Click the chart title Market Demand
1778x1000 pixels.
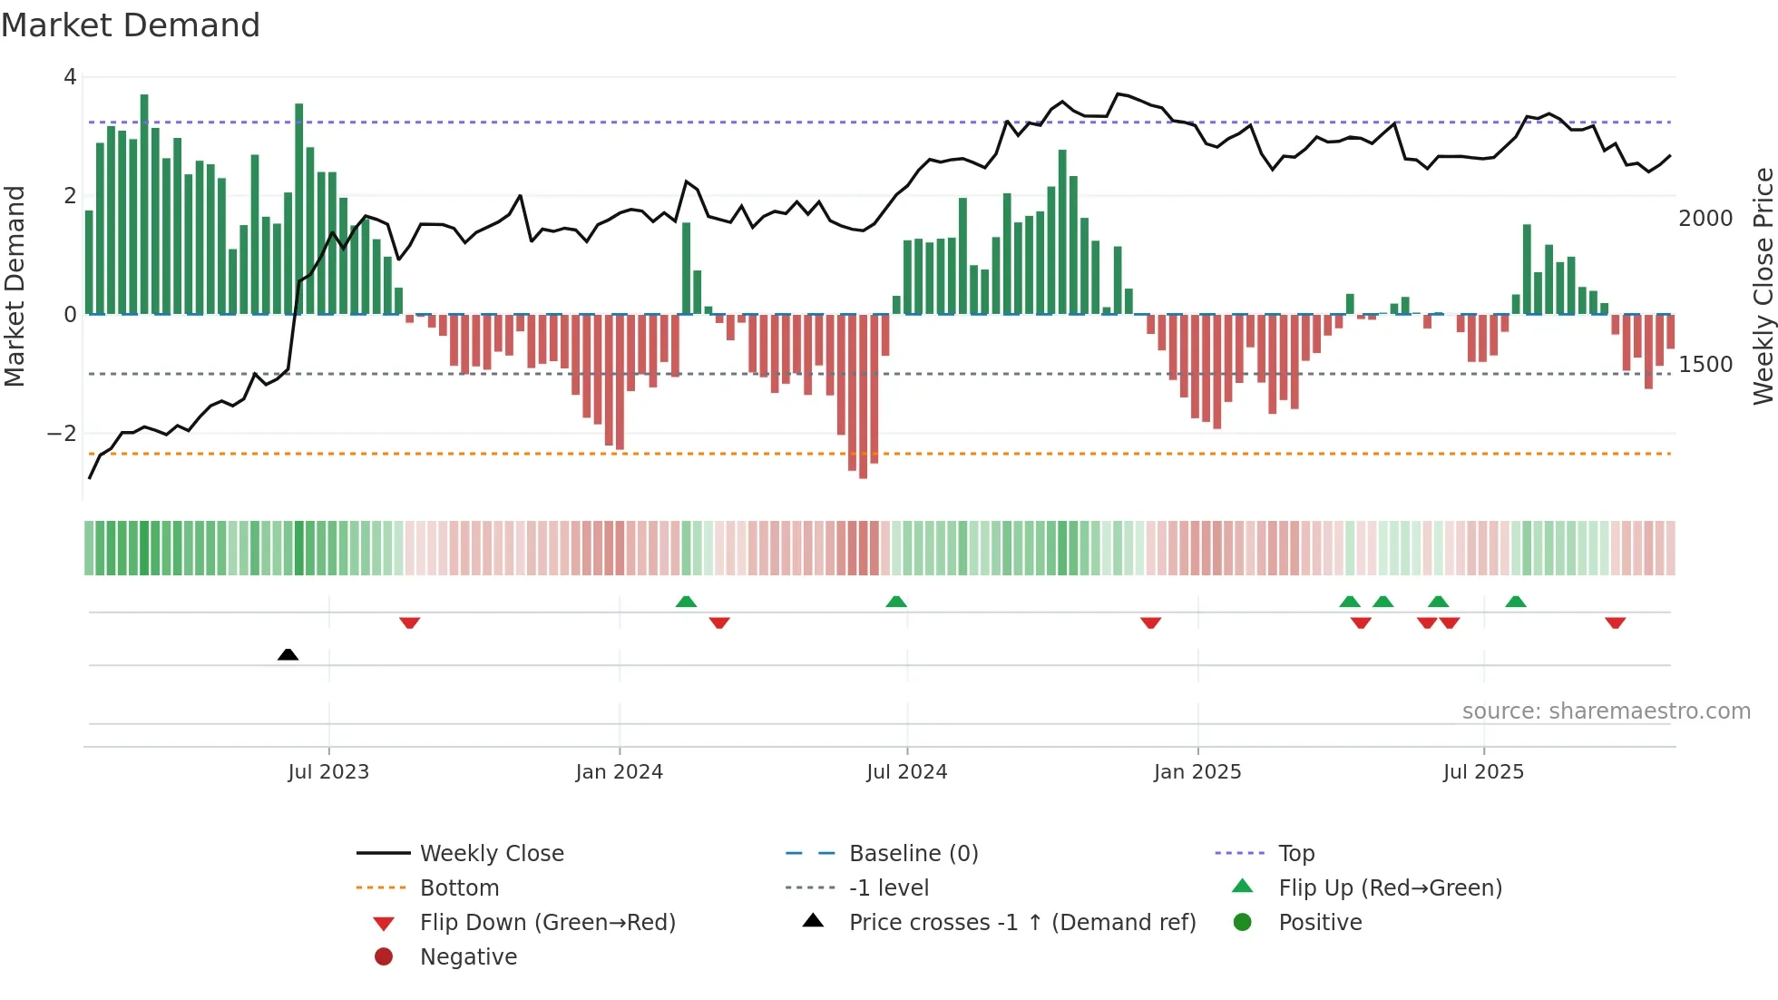point(131,25)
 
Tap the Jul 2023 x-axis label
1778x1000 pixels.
point(328,772)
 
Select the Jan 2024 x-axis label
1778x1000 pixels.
point(619,772)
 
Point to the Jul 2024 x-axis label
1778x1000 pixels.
point(906,772)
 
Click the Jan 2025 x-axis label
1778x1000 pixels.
point(1197,772)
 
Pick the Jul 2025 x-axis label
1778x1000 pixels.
point(1483,772)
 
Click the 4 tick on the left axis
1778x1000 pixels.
point(70,77)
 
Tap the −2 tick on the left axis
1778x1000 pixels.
point(63,434)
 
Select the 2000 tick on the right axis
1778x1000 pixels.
point(1705,219)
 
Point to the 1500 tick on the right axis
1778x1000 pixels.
point(1705,365)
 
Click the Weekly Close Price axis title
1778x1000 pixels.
point(1763,286)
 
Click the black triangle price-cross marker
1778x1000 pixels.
point(288,654)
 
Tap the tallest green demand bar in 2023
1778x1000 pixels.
point(144,204)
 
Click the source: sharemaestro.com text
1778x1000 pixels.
point(1606,711)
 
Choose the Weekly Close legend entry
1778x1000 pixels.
point(491,854)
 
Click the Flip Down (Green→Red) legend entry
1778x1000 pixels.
point(547,923)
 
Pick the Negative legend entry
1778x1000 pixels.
point(468,957)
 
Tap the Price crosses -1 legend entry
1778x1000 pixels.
point(1021,923)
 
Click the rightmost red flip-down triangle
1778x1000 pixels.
point(1615,623)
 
